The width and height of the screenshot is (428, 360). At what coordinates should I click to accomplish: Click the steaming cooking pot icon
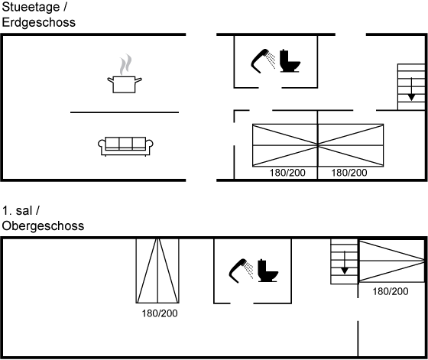[125, 74]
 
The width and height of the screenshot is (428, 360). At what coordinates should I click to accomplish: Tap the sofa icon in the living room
[125, 147]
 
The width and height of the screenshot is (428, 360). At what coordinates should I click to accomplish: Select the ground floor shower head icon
[263, 61]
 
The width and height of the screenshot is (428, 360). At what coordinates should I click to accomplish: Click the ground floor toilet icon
[290, 61]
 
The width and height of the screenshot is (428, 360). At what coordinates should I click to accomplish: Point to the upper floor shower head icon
[241, 271]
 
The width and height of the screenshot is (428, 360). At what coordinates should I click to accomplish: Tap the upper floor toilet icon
[267, 271]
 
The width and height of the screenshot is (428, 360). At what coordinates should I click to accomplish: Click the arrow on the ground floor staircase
[411, 89]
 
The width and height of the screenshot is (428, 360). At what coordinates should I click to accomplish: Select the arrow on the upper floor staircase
[345, 262]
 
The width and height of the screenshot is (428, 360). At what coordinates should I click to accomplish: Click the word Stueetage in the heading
[31, 8]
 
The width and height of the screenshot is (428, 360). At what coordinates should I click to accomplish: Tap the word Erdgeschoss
[38, 22]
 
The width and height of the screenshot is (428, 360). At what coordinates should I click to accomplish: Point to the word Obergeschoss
[43, 226]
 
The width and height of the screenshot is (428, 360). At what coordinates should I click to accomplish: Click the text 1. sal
[17, 211]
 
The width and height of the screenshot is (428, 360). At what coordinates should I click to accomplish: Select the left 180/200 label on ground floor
[287, 173]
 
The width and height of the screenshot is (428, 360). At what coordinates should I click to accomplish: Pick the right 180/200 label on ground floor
[349, 173]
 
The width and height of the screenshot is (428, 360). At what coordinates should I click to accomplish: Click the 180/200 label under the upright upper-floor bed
[160, 313]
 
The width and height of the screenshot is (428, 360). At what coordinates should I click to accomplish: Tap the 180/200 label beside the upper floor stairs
[391, 291]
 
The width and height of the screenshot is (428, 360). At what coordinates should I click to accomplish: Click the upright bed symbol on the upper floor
[157, 271]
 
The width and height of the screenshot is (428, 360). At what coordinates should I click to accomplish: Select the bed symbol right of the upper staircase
[391, 261]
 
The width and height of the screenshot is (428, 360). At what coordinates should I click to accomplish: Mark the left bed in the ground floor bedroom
[285, 145]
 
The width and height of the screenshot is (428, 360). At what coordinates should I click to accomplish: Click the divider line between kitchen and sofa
[125, 112]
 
